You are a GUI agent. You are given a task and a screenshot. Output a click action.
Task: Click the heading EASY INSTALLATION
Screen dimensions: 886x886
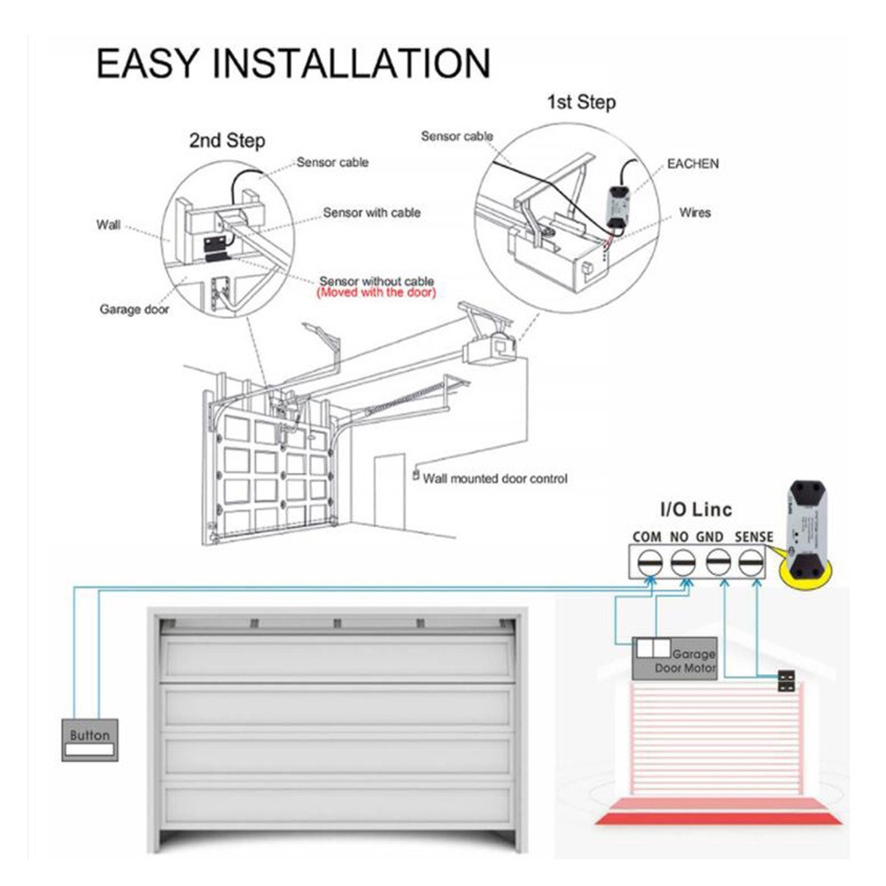[x=292, y=65]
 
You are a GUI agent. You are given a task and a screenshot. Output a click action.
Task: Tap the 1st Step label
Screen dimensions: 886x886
[x=579, y=103]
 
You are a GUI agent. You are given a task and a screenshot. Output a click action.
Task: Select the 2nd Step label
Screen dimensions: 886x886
[x=227, y=140]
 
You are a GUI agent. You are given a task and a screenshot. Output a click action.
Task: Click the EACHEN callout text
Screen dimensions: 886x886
[x=692, y=164]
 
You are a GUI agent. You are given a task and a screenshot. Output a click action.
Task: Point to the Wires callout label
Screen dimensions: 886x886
[x=694, y=213]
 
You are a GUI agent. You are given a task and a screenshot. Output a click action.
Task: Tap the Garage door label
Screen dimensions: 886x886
[x=133, y=310]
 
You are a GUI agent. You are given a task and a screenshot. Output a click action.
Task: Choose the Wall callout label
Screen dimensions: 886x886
[x=108, y=225]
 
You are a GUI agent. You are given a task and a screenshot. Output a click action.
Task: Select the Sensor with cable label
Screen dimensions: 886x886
[x=371, y=213]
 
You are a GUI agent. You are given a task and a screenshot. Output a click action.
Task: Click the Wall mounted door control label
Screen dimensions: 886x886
[x=494, y=478]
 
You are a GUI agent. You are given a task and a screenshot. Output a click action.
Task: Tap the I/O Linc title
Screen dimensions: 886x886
[x=696, y=509]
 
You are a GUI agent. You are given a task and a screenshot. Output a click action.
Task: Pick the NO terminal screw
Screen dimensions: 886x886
[x=682, y=561]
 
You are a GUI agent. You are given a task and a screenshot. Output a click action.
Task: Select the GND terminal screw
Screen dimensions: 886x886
[x=718, y=561]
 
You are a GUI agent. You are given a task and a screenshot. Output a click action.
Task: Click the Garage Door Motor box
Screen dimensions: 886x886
[x=674, y=659]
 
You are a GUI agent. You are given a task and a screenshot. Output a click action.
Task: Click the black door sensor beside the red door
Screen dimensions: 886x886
[x=785, y=680]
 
